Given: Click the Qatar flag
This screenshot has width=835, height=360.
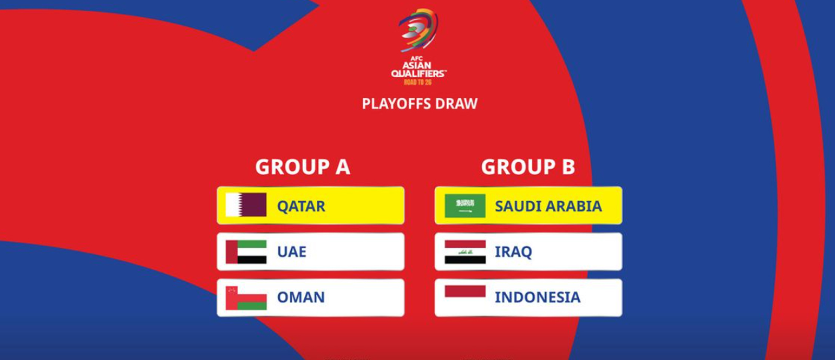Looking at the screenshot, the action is (246, 205).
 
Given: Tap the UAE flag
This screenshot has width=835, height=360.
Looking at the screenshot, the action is (246, 252).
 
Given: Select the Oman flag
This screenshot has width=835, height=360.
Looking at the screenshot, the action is (246, 298).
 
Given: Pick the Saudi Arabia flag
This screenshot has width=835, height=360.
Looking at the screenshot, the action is (465, 206).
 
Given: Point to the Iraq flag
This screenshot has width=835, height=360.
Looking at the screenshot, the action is (465, 252).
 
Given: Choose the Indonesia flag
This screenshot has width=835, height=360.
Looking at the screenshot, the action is (465, 297).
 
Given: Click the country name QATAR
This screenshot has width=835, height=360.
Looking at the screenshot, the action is (301, 207).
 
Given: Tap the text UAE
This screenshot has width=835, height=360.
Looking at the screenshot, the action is (292, 252).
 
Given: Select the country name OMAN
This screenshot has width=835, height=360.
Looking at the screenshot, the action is (301, 297).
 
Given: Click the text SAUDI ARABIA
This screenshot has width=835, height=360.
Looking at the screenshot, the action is (548, 206).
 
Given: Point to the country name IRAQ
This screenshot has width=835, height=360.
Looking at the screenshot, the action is (514, 252).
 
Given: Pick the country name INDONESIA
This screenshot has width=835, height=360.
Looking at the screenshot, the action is (538, 297).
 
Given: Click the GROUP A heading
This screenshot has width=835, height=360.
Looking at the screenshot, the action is (303, 166).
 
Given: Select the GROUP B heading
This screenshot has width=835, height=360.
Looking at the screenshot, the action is (528, 166).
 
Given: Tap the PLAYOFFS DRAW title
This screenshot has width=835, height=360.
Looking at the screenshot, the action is (420, 104).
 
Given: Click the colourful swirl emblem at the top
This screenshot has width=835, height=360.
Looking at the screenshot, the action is (418, 30).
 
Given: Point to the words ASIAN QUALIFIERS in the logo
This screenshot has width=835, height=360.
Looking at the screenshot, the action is (419, 70).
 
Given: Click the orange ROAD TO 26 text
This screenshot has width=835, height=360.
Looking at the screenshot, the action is (417, 82).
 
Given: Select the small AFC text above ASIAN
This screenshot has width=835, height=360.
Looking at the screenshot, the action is (417, 58).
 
